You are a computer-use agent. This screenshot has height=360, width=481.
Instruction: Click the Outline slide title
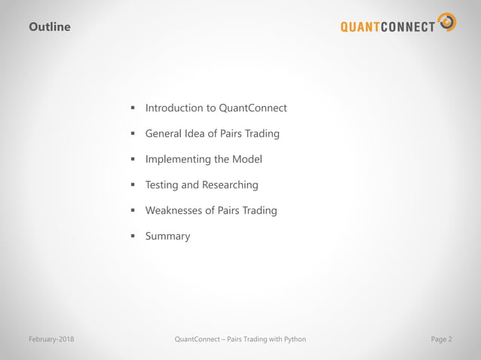click(50, 27)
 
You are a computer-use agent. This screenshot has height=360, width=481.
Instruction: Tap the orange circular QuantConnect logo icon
click(447, 22)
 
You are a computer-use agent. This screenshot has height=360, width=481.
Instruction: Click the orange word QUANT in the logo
click(364, 28)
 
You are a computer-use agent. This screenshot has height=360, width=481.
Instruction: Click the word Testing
click(162, 185)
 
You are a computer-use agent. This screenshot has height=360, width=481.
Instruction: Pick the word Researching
click(230, 185)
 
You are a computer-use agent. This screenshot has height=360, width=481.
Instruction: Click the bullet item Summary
click(167, 236)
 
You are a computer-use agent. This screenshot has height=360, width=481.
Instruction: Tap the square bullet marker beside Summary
click(132, 236)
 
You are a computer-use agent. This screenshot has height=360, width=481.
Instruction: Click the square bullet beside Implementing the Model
click(132, 159)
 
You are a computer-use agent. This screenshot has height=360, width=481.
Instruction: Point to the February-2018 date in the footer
click(51, 339)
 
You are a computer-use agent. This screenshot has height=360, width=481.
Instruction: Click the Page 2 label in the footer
click(441, 339)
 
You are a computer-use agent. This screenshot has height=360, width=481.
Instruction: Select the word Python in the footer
click(292, 339)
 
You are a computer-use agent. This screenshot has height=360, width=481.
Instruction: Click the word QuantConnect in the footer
click(198, 339)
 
